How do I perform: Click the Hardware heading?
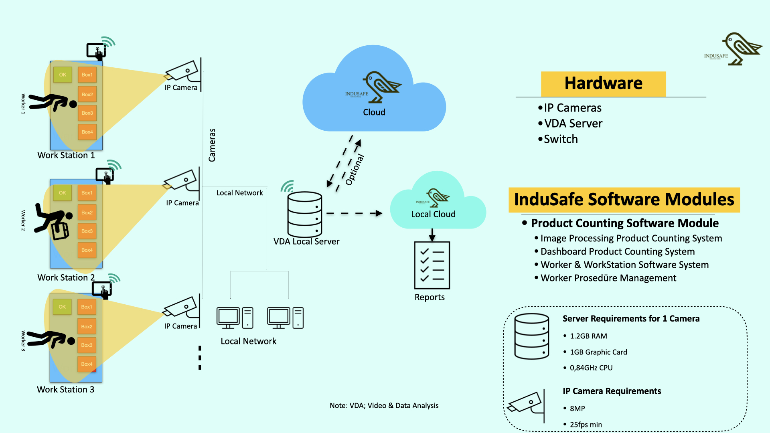[x=603, y=83]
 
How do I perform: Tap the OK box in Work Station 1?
[x=63, y=75]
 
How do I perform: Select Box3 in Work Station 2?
[x=87, y=231]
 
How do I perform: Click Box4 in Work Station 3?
[x=87, y=364]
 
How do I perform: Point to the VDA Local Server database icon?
[x=305, y=214]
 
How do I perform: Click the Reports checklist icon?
[x=432, y=265]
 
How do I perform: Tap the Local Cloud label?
[x=433, y=214]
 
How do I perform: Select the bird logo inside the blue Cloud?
[x=381, y=86]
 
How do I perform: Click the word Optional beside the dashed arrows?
[x=355, y=170]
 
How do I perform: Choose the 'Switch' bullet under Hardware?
[x=561, y=139]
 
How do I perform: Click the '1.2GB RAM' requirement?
[x=588, y=336]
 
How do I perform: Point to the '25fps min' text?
[x=586, y=424]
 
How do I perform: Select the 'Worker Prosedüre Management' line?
[x=608, y=278]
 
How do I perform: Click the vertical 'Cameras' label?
[x=212, y=145]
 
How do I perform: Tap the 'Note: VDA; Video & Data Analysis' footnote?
[x=384, y=405]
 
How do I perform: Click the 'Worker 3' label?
[x=23, y=341]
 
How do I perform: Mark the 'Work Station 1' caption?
[x=66, y=155]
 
